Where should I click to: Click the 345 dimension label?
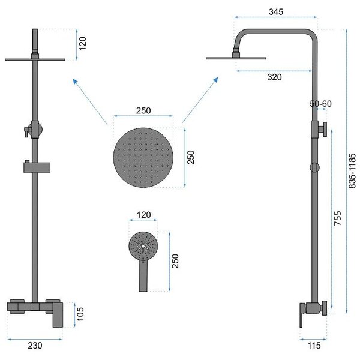pyautogui.click(x=276, y=12)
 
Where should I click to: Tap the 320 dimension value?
pyautogui.click(x=274, y=77)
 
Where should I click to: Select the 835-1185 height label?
pyautogui.click(x=352, y=171)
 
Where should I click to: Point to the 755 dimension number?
pyautogui.click(x=337, y=218)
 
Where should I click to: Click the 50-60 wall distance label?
pyautogui.click(x=320, y=104)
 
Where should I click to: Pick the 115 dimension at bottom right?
pyautogui.click(x=314, y=346)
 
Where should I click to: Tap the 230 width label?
pyautogui.click(x=35, y=346)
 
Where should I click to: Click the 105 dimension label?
pyautogui.click(x=80, y=314)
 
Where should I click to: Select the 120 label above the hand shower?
pyautogui.click(x=144, y=215)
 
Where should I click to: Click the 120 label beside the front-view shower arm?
pyautogui.click(x=82, y=43)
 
